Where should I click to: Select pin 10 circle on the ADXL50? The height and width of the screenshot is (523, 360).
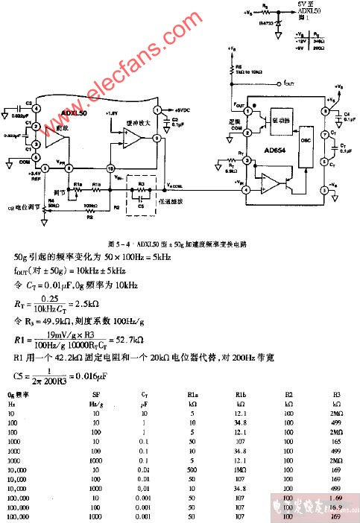[110, 167]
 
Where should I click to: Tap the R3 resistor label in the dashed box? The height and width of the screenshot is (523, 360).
[138, 182]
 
